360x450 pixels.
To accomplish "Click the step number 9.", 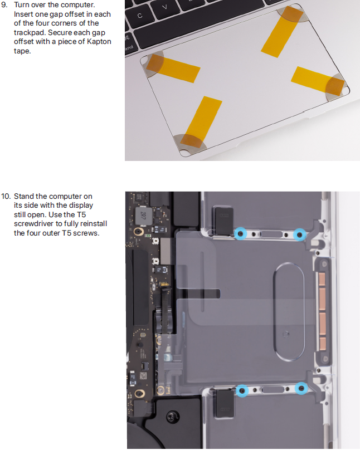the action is [x=4, y=5].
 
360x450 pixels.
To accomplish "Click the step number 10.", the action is [x=6, y=196].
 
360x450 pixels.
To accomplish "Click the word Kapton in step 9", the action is [x=99, y=42].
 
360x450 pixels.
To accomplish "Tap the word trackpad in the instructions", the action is [x=29, y=33].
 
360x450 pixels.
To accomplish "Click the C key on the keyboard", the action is [x=140, y=16].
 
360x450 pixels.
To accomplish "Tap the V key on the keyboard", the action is [x=165, y=7].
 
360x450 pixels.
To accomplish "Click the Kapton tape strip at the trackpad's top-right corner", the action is [x=283, y=32].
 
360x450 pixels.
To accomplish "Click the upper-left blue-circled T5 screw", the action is [x=241, y=234].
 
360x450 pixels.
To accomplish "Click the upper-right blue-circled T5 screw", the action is [x=299, y=234].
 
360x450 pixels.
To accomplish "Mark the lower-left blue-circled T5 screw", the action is [x=242, y=390].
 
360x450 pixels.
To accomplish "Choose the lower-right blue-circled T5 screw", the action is [x=301, y=388].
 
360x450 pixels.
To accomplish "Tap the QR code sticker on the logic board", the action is [x=143, y=376].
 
